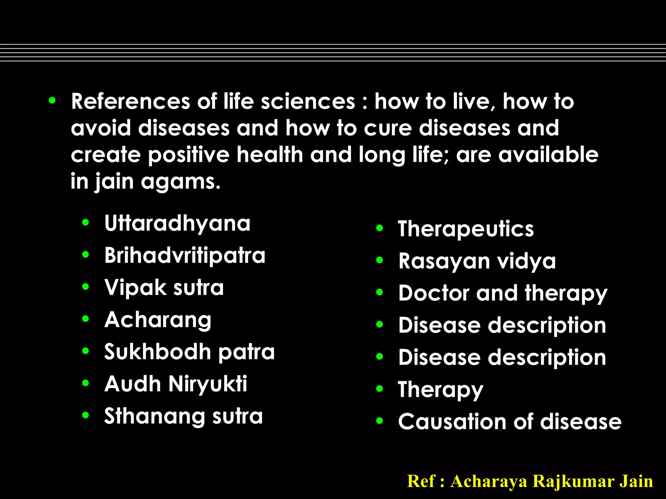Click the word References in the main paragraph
coord(130,101)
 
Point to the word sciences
coord(308,101)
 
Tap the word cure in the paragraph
coord(388,128)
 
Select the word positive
coord(189,155)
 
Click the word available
coord(548,155)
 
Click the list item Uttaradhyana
coord(177,224)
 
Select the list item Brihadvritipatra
coord(185,255)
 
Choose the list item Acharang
coord(158,320)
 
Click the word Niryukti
coord(208,384)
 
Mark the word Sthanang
coord(154,416)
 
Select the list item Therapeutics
coord(466,229)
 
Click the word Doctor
coord(434,293)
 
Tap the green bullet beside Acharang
coord(86,319)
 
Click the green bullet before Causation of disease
coord(380,421)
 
